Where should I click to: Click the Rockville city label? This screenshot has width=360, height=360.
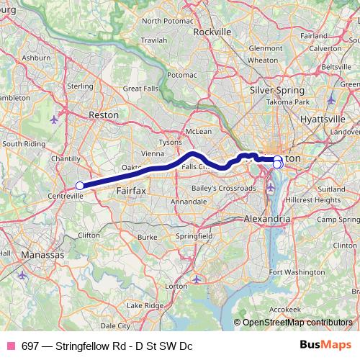(x=212, y=32)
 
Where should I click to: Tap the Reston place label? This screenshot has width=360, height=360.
(x=103, y=114)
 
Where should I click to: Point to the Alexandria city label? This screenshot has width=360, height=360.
(x=267, y=217)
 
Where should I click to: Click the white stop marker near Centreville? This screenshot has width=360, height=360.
(x=79, y=186)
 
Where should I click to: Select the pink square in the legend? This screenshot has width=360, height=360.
(x=11, y=346)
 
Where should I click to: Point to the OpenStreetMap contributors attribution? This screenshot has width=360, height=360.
(x=297, y=323)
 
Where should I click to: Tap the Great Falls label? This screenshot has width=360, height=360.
(x=140, y=89)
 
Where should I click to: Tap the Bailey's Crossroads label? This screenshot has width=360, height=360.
(x=223, y=188)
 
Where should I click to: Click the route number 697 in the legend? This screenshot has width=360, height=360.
(x=30, y=346)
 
